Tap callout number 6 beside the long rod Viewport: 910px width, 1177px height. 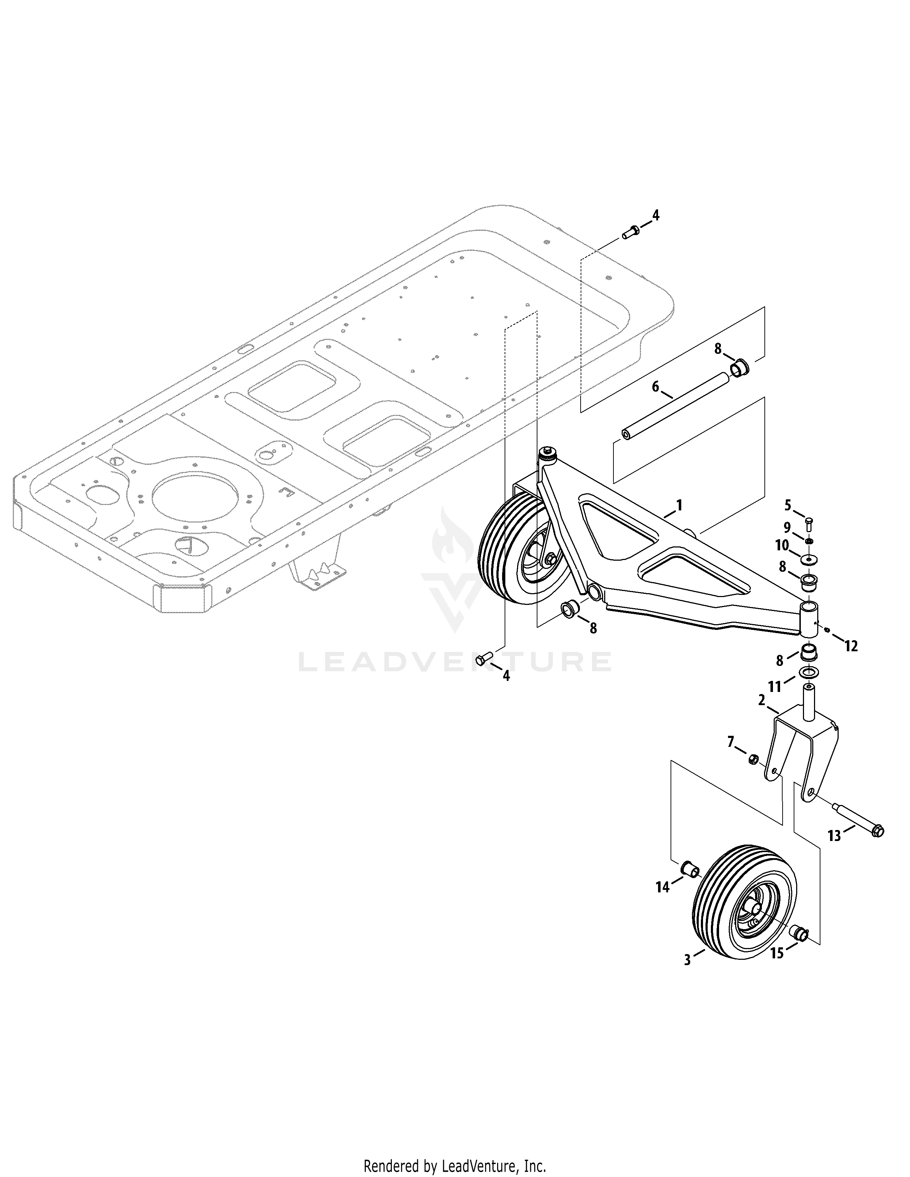(656, 387)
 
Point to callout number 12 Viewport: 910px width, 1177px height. (851, 645)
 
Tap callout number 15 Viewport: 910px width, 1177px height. (777, 953)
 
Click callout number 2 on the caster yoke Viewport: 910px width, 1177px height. (762, 700)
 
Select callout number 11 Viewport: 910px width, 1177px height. (775, 687)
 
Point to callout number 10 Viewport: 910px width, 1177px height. (782, 545)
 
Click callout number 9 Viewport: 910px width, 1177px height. (787, 526)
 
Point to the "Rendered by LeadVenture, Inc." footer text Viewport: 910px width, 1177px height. (455, 1162)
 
